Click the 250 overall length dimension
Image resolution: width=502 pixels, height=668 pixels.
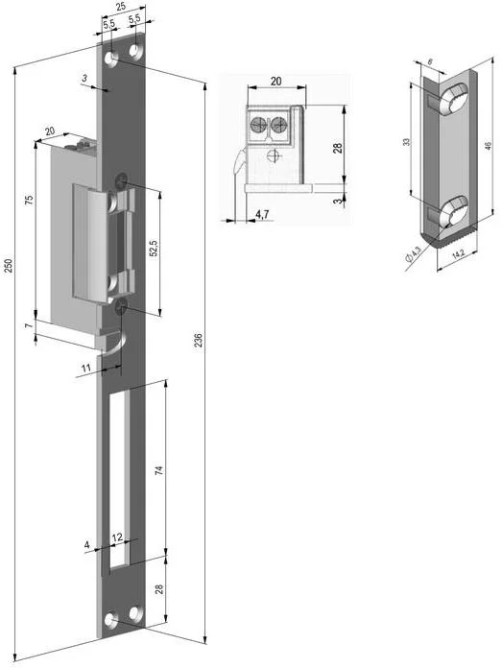(10, 265)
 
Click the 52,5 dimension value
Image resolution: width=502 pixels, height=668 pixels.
(153, 249)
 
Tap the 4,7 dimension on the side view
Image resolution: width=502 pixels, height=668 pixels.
(261, 215)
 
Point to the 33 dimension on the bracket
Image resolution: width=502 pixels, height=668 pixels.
(407, 143)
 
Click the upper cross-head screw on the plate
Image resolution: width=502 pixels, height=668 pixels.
(122, 179)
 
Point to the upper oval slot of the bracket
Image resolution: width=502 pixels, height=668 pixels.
(454, 97)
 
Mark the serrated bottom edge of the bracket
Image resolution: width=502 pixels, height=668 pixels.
(451, 240)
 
